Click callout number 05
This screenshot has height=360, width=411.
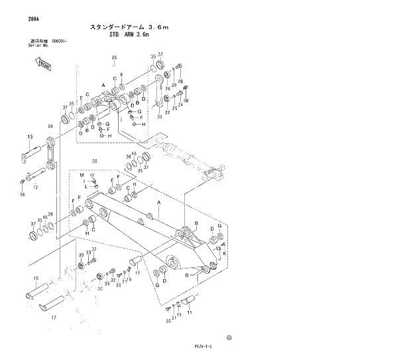pyautogui.click(x=114, y=58)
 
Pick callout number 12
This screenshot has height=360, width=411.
pyautogui.click(x=35, y=188)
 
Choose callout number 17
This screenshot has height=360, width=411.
pyautogui.click(x=53, y=318)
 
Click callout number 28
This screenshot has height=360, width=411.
pyautogui.click(x=180, y=81)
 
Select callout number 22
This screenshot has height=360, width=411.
pyautogui.click(x=168, y=112)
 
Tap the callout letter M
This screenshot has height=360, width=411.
pyautogui.click(x=82, y=176)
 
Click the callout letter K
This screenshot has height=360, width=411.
pyautogui.click(x=225, y=254)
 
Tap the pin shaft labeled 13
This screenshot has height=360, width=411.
pyautogui.click(x=34, y=154)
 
